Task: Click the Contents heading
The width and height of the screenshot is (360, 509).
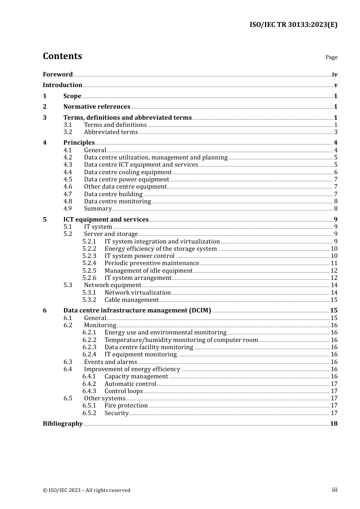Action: pos(62,56)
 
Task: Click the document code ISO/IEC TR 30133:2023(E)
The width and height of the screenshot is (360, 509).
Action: pos(293,25)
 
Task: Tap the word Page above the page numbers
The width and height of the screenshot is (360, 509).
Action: pos(331,57)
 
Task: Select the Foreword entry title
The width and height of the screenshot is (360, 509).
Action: pos(58,74)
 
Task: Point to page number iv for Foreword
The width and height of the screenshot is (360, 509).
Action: pos(335,75)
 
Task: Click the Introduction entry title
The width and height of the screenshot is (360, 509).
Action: pos(63,85)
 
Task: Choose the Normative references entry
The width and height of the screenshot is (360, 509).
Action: pos(97,107)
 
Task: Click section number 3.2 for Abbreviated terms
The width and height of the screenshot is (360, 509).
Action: pos(68,132)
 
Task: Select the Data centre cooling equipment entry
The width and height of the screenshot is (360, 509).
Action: pos(128,172)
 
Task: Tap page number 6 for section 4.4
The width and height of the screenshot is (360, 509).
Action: pos(336,172)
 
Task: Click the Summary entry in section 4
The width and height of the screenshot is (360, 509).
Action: pos(98,209)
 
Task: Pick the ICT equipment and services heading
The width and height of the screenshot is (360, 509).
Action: pos(106,220)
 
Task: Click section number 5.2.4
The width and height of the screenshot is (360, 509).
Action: pos(89,263)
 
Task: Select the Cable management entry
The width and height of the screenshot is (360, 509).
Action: pos(131,300)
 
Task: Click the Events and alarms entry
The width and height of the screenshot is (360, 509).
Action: pos(110,362)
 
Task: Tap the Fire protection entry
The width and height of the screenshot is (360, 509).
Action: pos(126,406)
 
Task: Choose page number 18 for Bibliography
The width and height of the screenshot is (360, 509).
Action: pos(334,424)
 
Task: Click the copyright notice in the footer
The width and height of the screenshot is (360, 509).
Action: pos(86,490)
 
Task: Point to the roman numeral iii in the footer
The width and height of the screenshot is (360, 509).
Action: pos(335,490)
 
